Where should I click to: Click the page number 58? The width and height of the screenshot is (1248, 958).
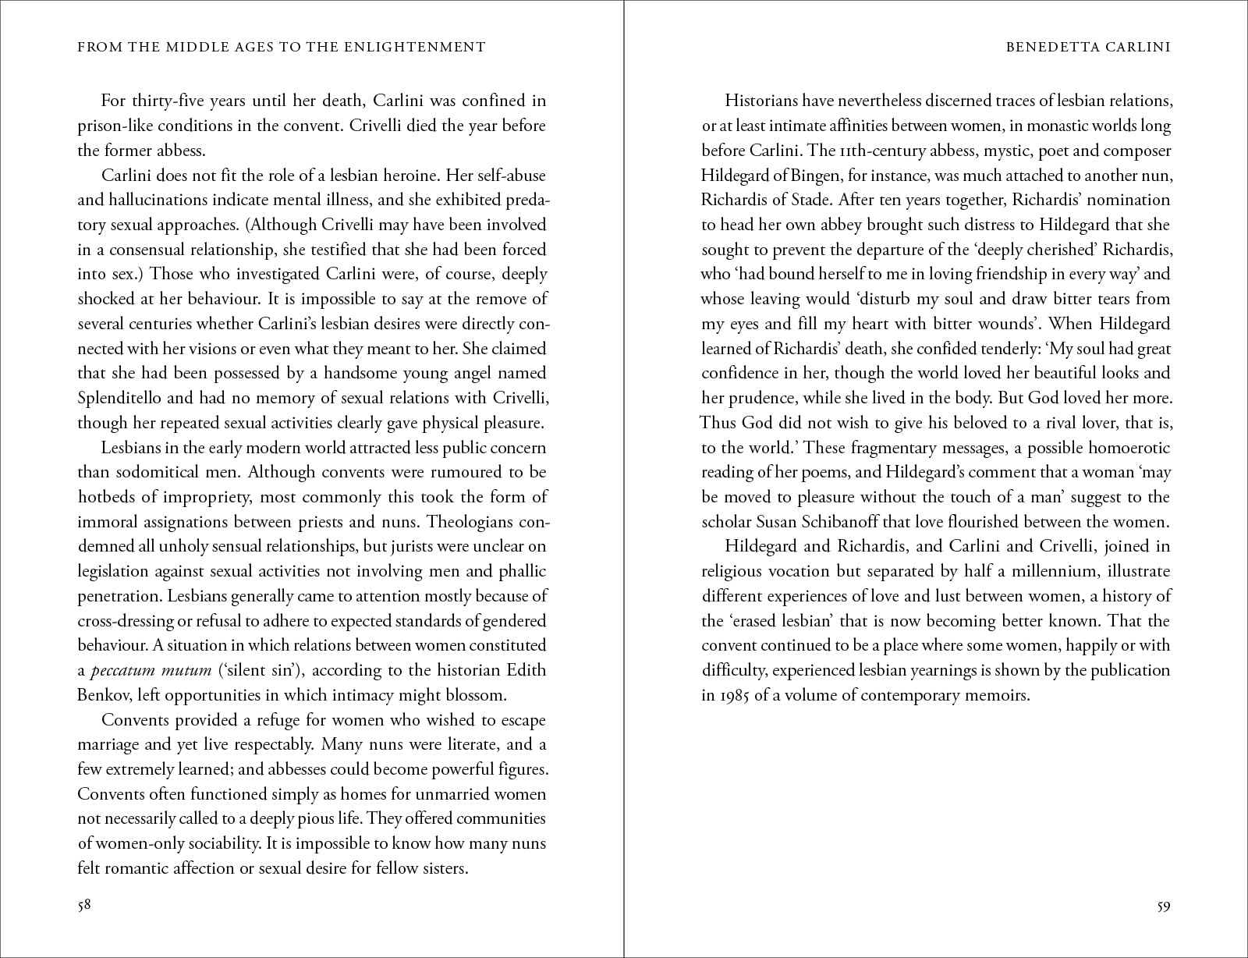pyautogui.click(x=85, y=907)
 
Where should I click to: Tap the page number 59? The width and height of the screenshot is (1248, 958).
pyautogui.click(x=1163, y=907)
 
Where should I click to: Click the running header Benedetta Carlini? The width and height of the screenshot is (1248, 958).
pyautogui.click(x=1089, y=47)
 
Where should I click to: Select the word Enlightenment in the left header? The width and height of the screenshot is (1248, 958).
pyautogui.click(x=415, y=47)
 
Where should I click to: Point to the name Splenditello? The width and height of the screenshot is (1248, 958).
pyautogui.click(x=124, y=398)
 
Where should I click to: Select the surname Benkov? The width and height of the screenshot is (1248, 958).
pyautogui.click(x=105, y=695)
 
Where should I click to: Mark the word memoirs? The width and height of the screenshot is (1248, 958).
pyautogui.click(x=1001, y=695)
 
